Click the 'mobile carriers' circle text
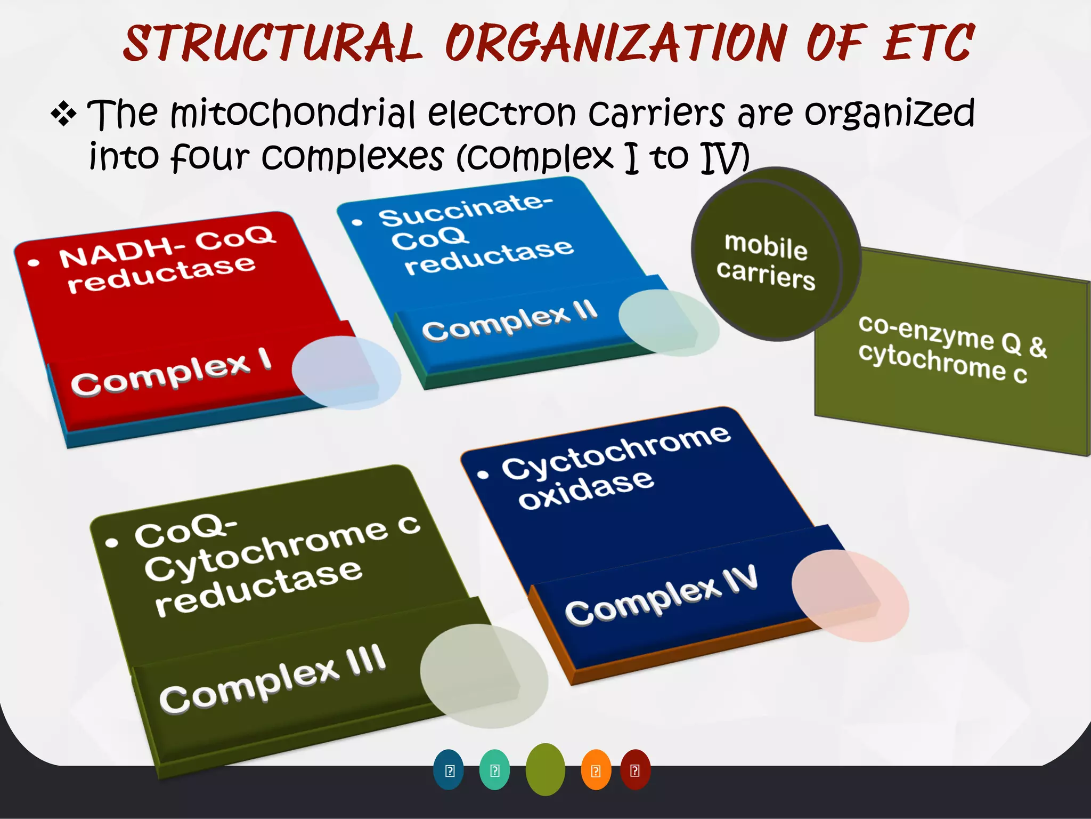click(x=766, y=261)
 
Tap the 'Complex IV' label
click(x=661, y=595)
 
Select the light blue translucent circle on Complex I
click(x=346, y=373)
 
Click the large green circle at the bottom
click(x=545, y=769)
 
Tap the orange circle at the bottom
click(x=596, y=770)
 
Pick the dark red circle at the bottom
click(x=635, y=769)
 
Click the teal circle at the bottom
click(x=494, y=770)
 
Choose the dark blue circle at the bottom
click(x=449, y=770)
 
